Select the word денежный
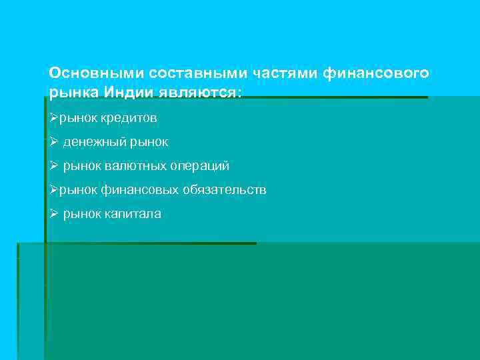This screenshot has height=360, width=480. (90, 142)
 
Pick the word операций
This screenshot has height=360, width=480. (199, 166)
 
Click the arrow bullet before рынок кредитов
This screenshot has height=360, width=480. (54, 118)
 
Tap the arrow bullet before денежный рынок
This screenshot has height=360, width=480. (54, 142)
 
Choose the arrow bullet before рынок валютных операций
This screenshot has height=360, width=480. (54, 166)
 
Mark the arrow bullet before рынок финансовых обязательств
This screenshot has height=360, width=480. (54, 190)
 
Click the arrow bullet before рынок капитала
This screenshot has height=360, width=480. (54, 214)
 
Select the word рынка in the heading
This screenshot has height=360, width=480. (68, 91)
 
